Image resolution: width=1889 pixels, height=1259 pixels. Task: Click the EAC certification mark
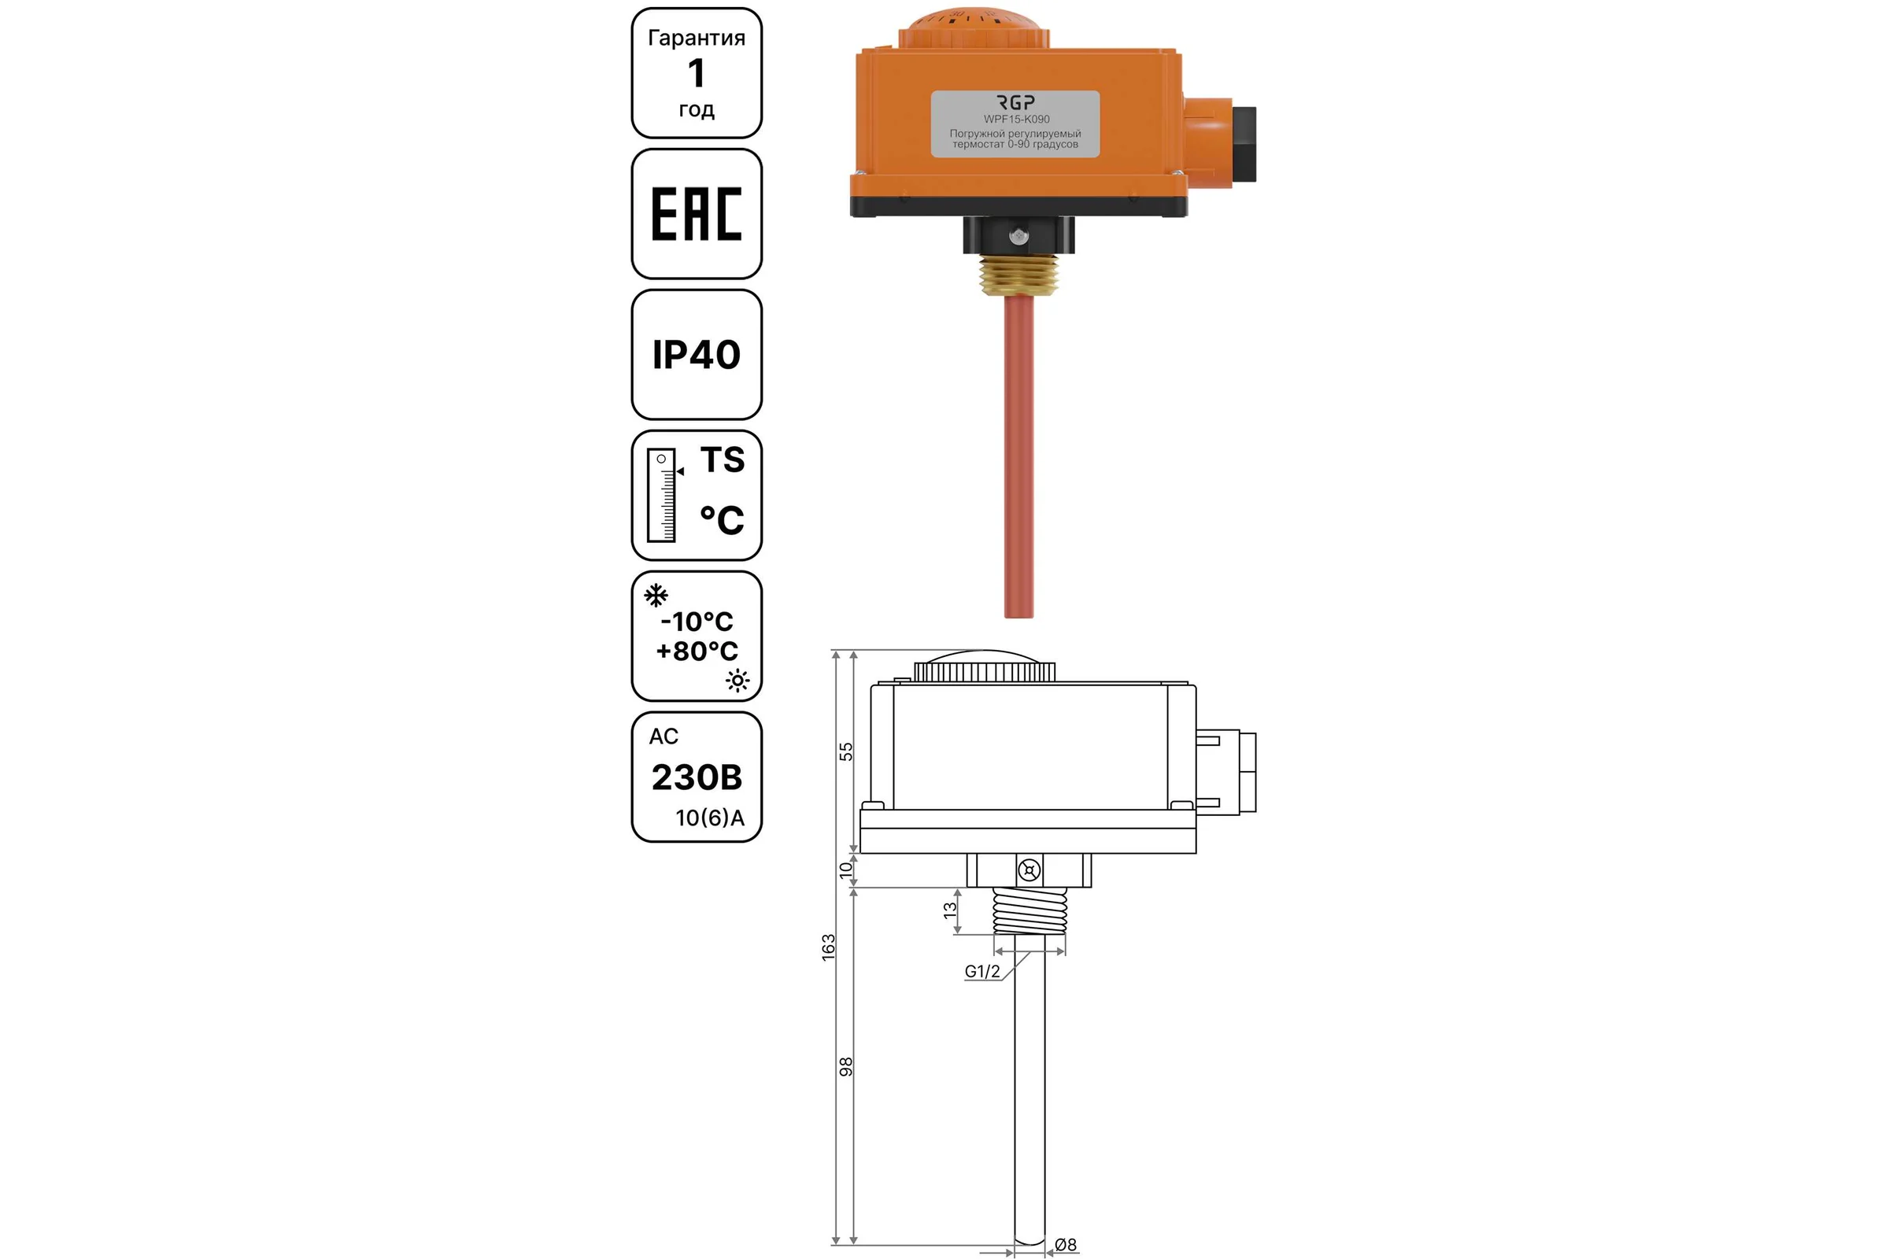click(697, 213)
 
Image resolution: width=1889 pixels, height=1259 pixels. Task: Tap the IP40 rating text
click(697, 355)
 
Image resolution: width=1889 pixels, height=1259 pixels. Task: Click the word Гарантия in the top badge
click(697, 38)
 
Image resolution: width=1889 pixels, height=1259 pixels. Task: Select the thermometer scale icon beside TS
click(664, 495)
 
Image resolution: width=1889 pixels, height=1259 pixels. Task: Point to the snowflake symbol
click(656, 595)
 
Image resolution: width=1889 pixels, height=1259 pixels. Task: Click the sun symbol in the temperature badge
click(737, 681)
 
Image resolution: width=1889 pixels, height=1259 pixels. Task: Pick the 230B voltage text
click(697, 777)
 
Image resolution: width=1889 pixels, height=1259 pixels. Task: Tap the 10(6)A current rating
click(710, 818)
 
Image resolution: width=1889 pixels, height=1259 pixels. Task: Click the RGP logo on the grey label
click(1016, 102)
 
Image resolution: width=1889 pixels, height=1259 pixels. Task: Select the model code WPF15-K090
click(1017, 119)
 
